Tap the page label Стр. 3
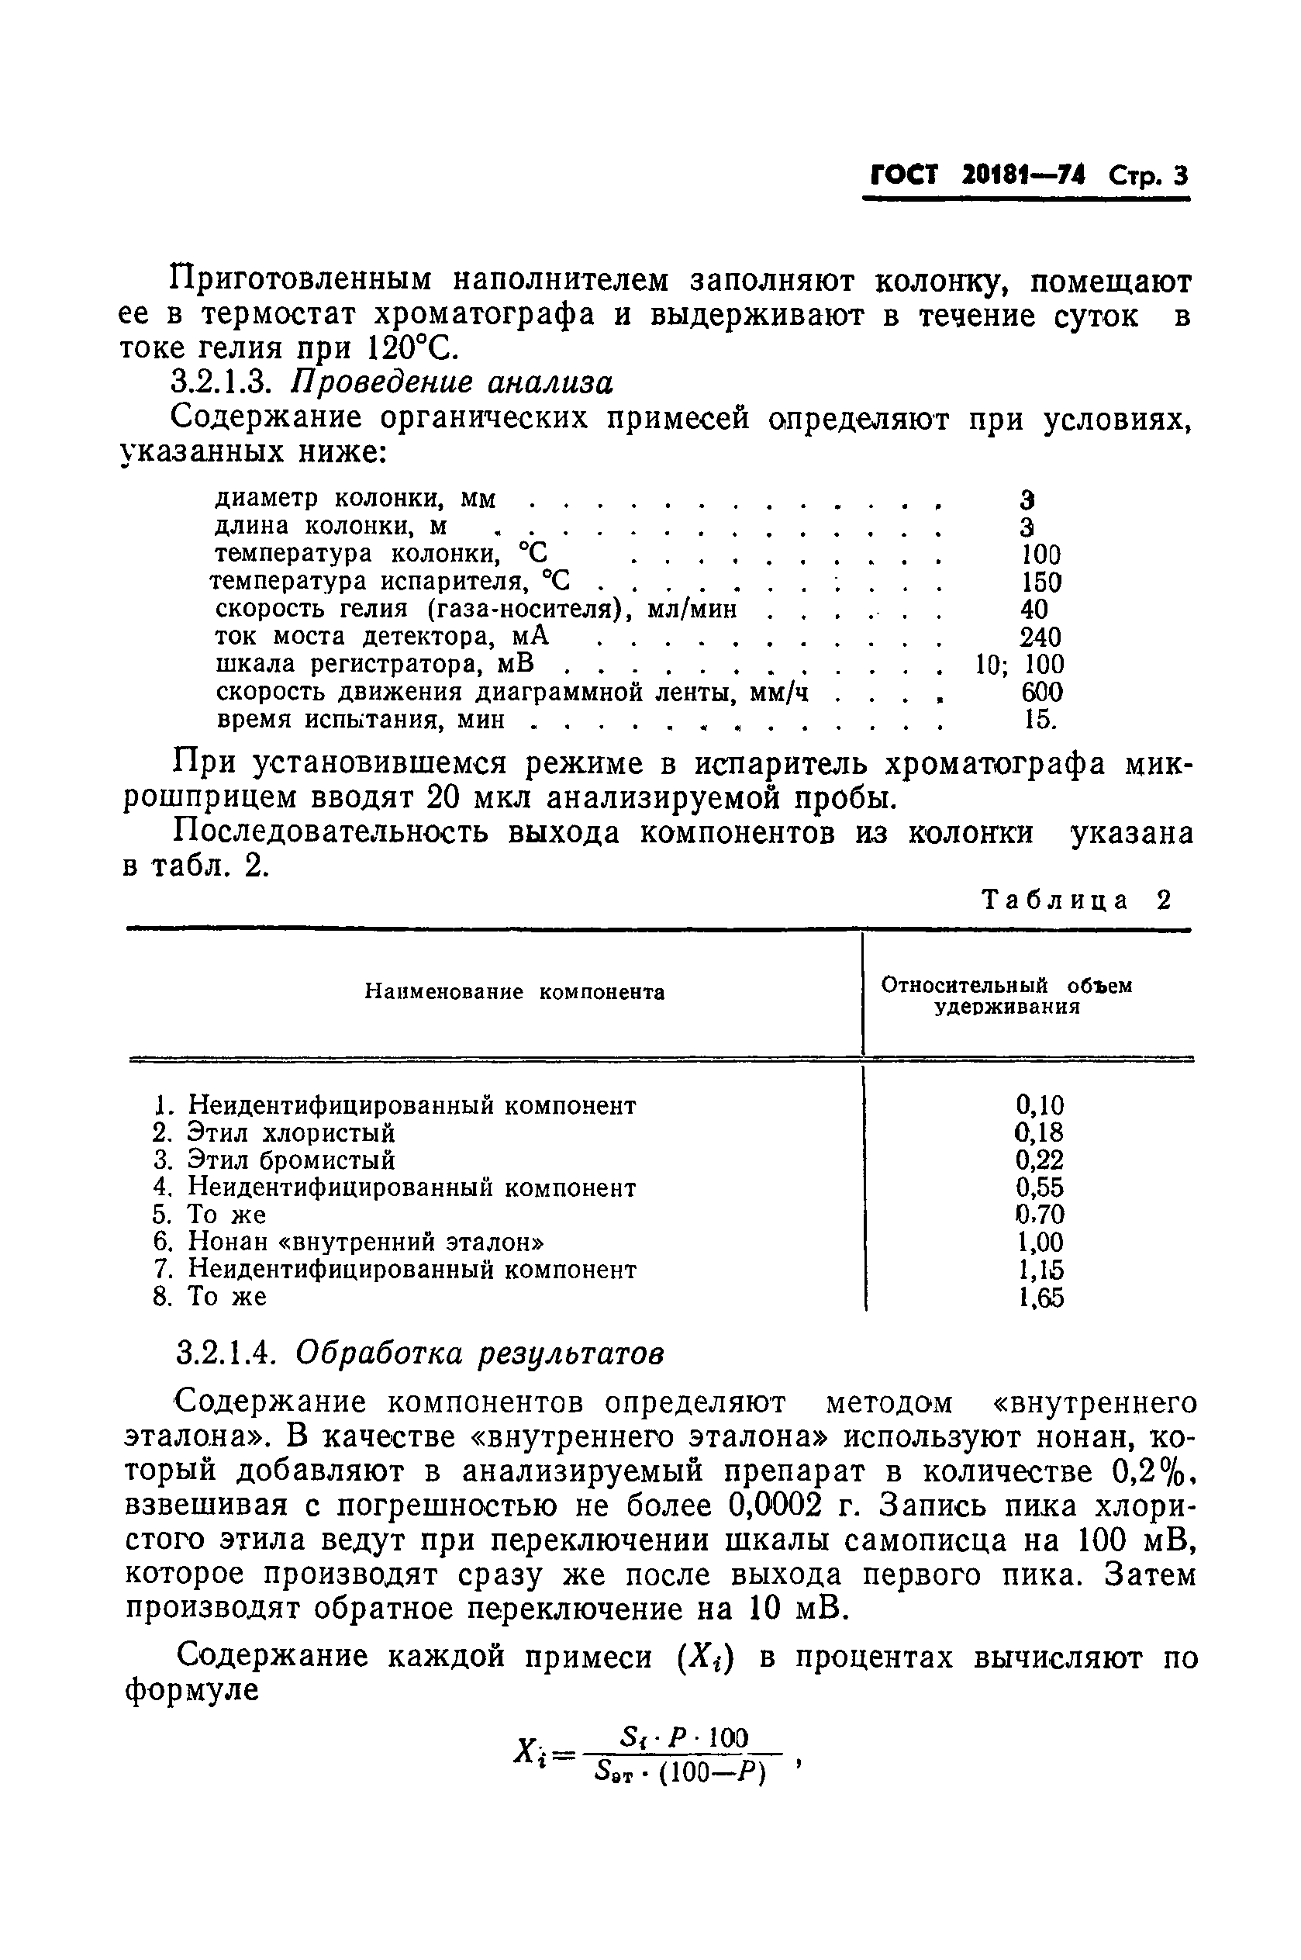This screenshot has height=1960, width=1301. click(1149, 177)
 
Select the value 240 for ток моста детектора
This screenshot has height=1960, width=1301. click(1040, 638)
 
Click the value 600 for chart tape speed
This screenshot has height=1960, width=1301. click(1041, 692)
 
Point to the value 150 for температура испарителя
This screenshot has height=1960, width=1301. click(1041, 582)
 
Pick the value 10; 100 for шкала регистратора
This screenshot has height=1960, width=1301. click(1018, 665)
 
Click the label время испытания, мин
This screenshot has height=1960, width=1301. click(360, 720)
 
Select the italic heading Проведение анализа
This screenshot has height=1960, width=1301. click(452, 382)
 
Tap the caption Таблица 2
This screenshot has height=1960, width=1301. click(1076, 900)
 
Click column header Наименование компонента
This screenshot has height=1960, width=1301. click(514, 993)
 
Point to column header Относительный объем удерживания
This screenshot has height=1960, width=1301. click(1006, 996)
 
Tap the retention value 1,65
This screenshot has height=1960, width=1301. click(1040, 1297)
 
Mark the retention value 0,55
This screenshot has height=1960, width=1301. click(1040, 1187)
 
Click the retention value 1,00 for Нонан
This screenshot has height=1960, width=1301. click(1040, 1243)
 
